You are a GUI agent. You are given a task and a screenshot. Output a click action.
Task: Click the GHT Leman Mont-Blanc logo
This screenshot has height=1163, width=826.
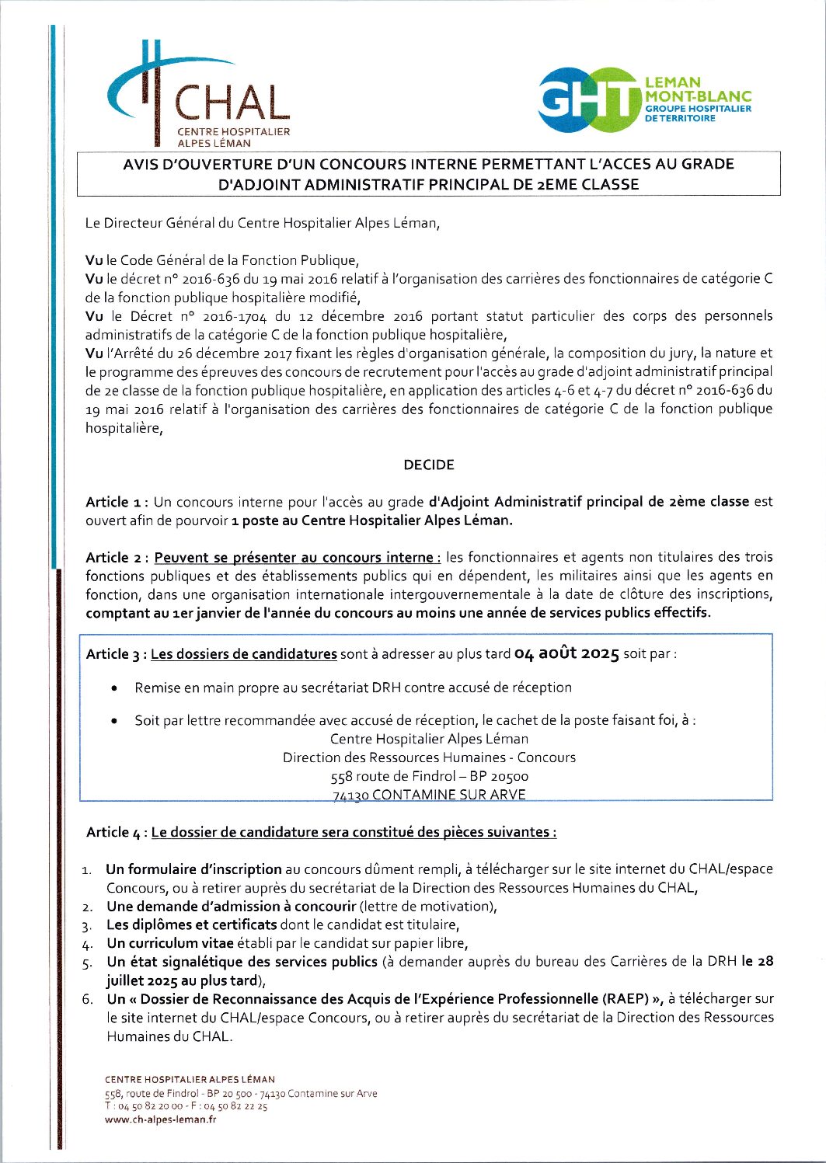click(644, 99)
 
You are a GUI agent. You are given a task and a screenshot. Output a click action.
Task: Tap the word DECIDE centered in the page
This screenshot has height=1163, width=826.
click(429, 465)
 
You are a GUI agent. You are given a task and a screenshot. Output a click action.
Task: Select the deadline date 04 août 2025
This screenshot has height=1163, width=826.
click(566, 653)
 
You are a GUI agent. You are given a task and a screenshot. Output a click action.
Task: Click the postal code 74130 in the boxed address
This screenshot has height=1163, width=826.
click(350, 795)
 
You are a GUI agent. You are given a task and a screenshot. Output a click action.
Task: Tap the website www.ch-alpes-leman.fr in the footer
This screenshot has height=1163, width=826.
click(160, 1119)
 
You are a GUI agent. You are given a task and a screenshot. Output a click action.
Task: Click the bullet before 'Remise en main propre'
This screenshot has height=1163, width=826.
click(115, 688)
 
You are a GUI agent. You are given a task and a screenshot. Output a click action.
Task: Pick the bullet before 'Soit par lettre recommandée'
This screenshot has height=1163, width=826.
click(115, 721)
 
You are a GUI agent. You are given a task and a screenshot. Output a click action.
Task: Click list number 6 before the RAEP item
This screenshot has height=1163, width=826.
click(88, 999)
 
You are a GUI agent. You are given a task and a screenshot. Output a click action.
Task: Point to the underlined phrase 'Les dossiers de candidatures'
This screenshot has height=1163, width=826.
click(244, 654)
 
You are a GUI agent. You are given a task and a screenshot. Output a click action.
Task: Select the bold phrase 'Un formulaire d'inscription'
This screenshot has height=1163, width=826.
click(193, 869)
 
